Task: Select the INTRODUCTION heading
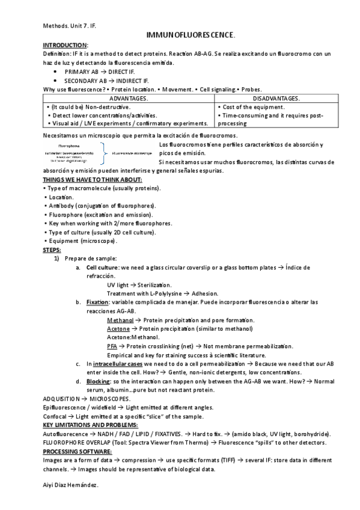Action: pos(66,46)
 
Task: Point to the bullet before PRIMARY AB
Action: pos(55,72)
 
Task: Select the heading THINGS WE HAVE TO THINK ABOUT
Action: pos(93,180)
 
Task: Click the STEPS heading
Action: pos(52,250)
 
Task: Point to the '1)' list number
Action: pos(56,258)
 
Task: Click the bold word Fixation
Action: pos(97,302)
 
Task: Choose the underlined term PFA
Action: pos(112,346)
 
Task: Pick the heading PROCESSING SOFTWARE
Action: pos(78,451)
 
